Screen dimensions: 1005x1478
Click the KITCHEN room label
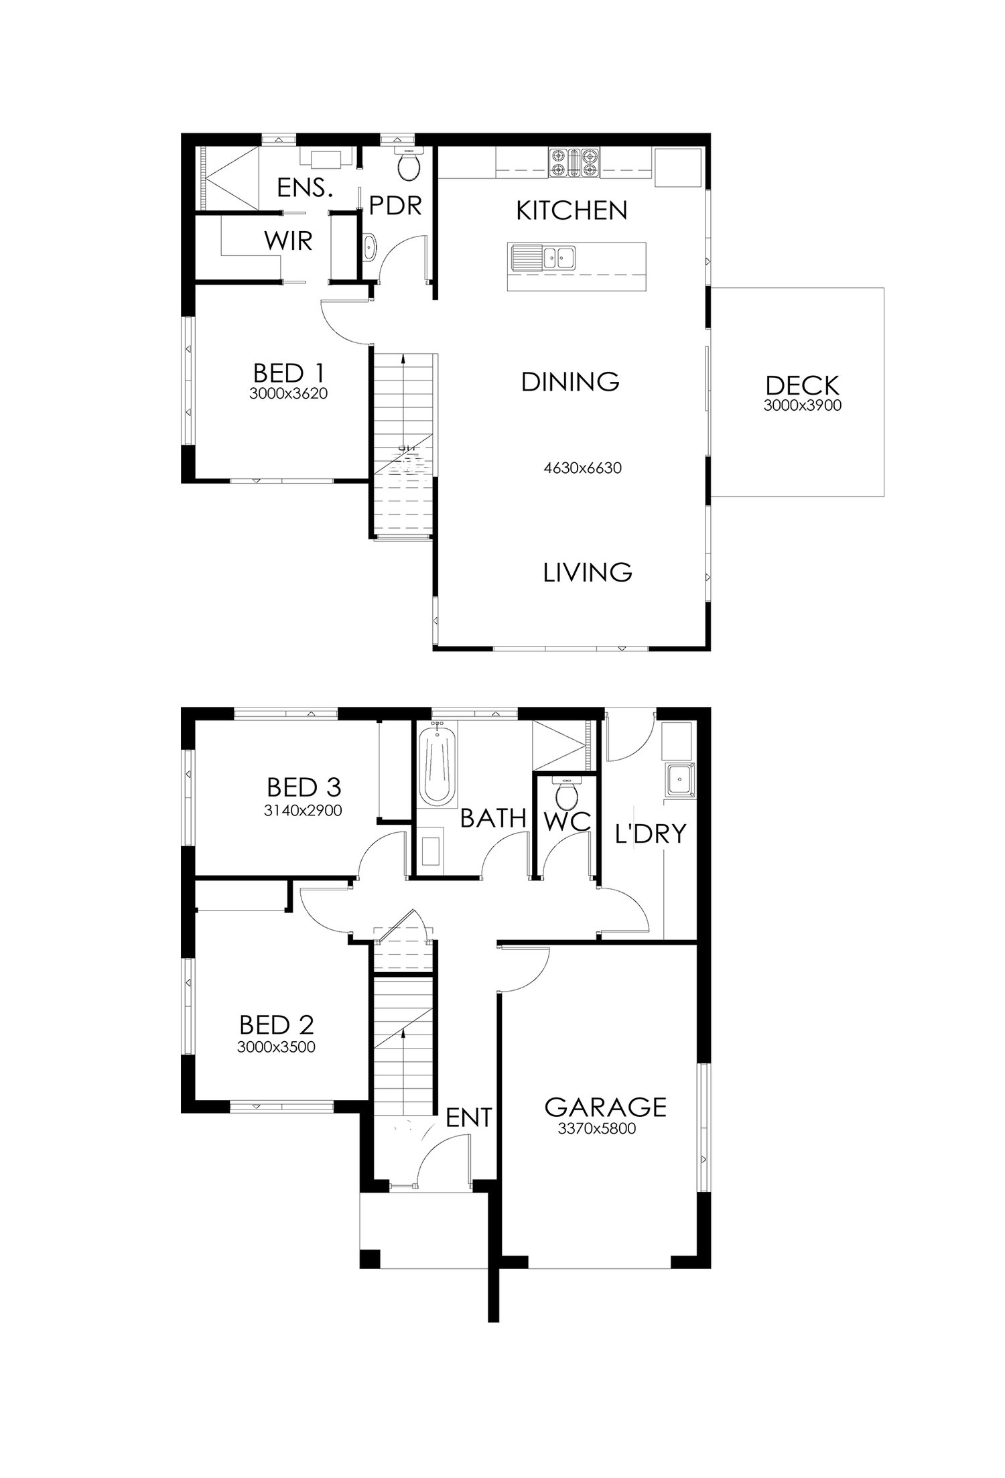(x=572, y=210)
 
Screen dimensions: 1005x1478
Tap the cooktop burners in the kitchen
(x=574, y=162)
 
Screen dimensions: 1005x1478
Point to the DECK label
(x=802, y=385)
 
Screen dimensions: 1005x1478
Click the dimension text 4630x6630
(x=582, y=468)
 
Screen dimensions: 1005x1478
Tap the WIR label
(x=289, y=241)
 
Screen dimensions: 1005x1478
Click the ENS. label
(x=305, y=188)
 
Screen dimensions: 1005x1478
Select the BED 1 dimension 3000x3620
(x=288, y=394)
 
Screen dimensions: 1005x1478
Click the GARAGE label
(x=606, y=1107)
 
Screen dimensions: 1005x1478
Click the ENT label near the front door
(x=469, y=1117)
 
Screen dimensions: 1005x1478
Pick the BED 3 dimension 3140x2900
(x=304, y=811)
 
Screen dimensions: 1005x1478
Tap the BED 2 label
(x=277, y=1024)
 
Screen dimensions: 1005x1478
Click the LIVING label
(x=588, y=572)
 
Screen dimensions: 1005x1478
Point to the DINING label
(x=570, y=382)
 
